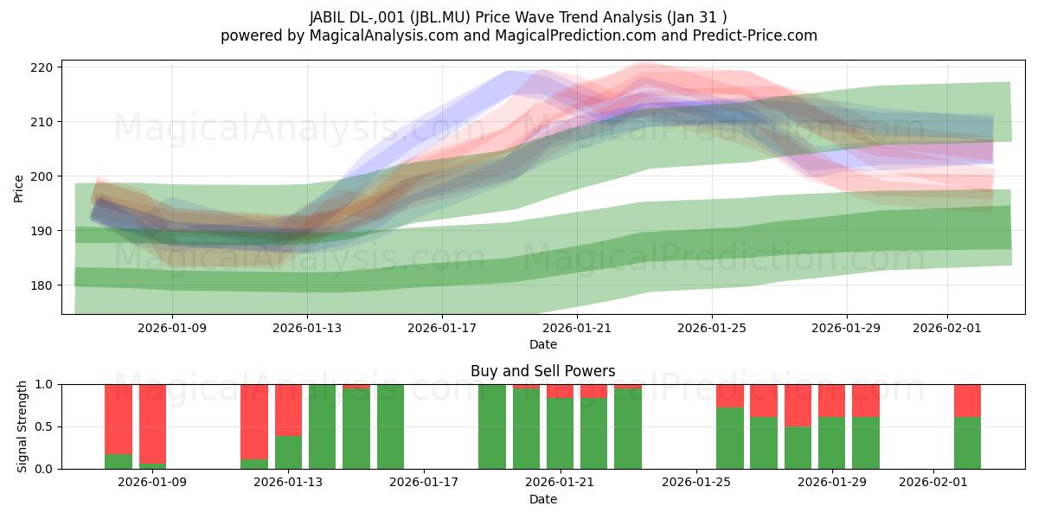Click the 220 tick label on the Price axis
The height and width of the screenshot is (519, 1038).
43,67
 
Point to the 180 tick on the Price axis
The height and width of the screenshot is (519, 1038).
43,285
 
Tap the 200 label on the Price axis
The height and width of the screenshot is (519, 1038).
43,176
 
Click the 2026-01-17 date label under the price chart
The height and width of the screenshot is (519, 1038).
442,328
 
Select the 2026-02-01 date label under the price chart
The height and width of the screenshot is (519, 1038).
946,328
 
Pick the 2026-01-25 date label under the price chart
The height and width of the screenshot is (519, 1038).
712,328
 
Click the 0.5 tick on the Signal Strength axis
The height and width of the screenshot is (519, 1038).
42,426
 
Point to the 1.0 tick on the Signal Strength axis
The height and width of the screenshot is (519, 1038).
42,384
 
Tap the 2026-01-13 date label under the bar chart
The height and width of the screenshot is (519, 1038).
288,483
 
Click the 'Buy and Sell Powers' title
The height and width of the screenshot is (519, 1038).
542,371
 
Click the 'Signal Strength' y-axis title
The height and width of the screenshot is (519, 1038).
22,426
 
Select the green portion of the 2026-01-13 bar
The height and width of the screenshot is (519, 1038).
288,452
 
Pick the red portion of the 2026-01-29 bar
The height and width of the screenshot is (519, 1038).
831,400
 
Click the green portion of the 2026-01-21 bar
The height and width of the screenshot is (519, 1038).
560,433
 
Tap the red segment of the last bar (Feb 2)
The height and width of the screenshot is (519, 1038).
967,400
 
